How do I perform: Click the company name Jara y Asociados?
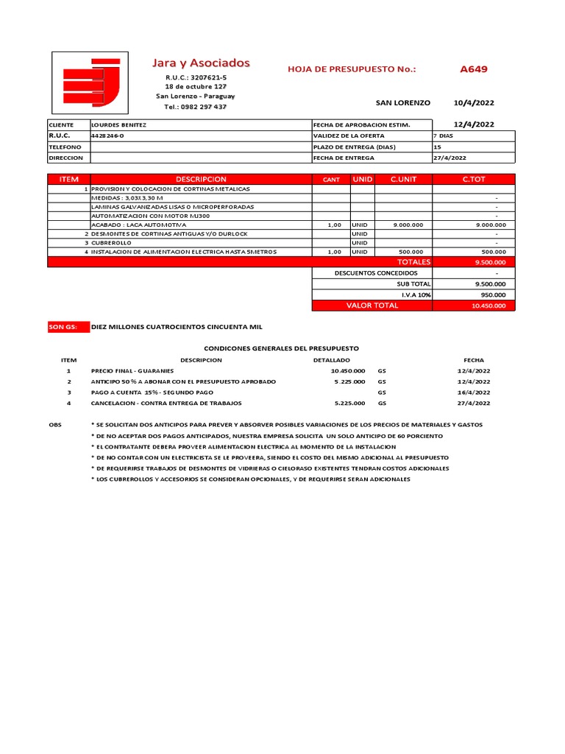200,63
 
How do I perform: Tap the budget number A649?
473,69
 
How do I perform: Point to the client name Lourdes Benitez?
118,125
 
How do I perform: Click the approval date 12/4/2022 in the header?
474,124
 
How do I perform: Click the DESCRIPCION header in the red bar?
201,179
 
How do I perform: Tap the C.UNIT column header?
403,179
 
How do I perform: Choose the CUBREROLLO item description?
111,242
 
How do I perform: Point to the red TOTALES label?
413,261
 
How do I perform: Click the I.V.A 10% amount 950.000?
494,295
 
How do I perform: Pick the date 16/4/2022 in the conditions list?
473,392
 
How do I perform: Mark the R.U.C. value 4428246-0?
107,136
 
